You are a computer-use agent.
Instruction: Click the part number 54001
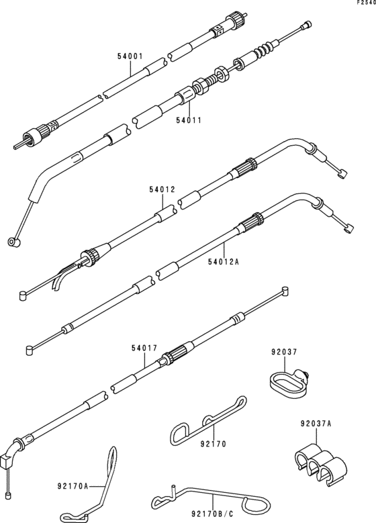point(130,56)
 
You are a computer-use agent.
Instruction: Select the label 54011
point(189,120)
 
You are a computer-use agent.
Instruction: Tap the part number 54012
point(162,190)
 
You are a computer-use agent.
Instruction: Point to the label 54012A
point(224,262)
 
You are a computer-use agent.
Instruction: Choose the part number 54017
point(144,348)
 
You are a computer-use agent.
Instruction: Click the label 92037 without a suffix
point(284,352)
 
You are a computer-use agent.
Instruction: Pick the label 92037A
point(316,424)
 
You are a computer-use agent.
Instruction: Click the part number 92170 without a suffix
point(214,444)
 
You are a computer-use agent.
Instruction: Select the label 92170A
point(73,486)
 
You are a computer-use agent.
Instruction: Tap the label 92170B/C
point(212,514)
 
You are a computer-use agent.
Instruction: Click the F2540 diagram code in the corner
point(367,3)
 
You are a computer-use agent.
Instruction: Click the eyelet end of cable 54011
point(13,242)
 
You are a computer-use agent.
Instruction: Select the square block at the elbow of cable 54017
point(6,462)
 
